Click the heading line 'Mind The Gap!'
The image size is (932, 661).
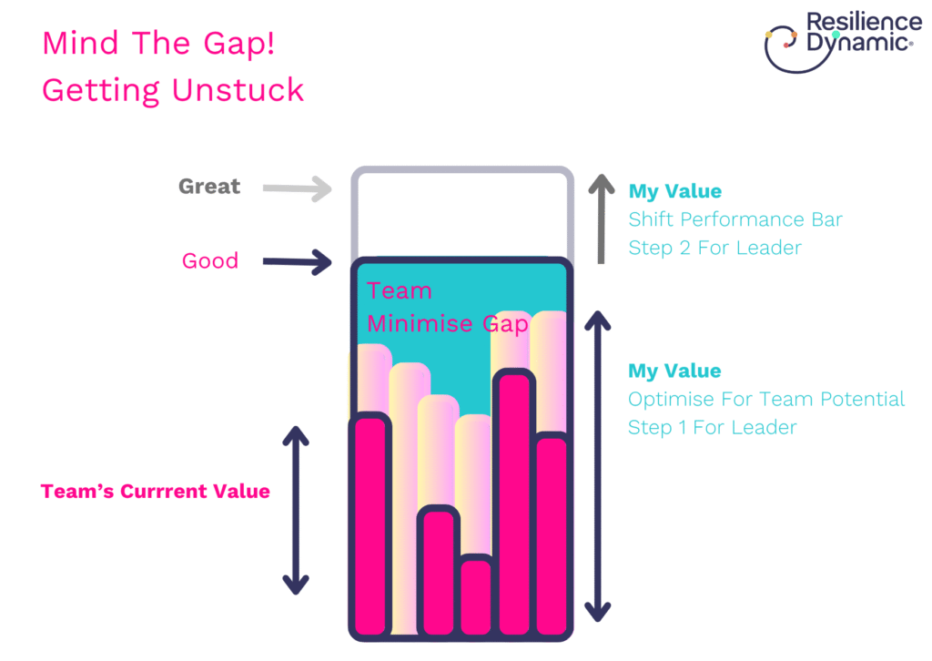pyautogui.click(x=158, y=44)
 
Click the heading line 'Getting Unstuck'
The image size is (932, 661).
pyautogui.click(x=173, y=90)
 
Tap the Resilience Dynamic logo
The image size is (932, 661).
pyautogui.click(x=843, y=42)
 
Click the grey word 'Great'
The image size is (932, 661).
pyautogui.click(x=209, y=187)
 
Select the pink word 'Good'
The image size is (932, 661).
pyautogui.click(x=210, y=261)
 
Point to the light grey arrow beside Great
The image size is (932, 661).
pyautogui.click(x=298, y=189)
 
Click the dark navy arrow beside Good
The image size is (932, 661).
pyautogui.click(x=298, y=262)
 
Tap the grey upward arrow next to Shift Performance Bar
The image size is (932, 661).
pyautogui.click(x=601, y=219)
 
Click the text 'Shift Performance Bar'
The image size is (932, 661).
pyautogui.click(x=735, y=219)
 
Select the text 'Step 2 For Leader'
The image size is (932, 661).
pyautogui.click(x=715, y=248)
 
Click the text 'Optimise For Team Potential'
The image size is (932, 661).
pyautogui.click(x=766, y=399)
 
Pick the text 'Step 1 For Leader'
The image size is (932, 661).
pyautogui.click(x=712, y=427)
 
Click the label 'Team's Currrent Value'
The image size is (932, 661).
pyautogui.click(x=155, y=491)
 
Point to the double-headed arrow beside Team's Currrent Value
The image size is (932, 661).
pyautogui.click(x=296, y=510)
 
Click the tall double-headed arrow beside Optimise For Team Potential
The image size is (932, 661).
pyautogui.click(x=597, y=466)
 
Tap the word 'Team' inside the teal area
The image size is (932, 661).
pyautogui.click(x=400, y=290)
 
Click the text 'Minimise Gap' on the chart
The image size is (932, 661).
pyautogui.click(x=448, y=324)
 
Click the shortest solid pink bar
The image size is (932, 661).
pyautogui.click(x=476, y=596)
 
